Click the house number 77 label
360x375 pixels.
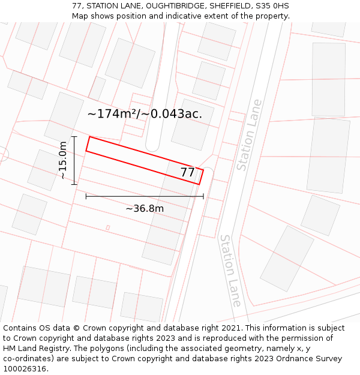click(x=188, y=173)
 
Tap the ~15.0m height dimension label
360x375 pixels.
click(x=64, y=160)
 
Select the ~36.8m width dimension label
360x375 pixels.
click(x=145, y=209)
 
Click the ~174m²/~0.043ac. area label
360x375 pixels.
click(x=145, y=113)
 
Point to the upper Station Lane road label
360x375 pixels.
click(x=249, y=135)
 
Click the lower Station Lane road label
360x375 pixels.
click(x=230, y=270)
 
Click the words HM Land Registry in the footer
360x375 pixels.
click(x=32, y=349)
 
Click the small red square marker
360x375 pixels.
click(x=108, y=227)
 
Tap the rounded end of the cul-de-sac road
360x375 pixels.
click(x=153, y=144)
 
